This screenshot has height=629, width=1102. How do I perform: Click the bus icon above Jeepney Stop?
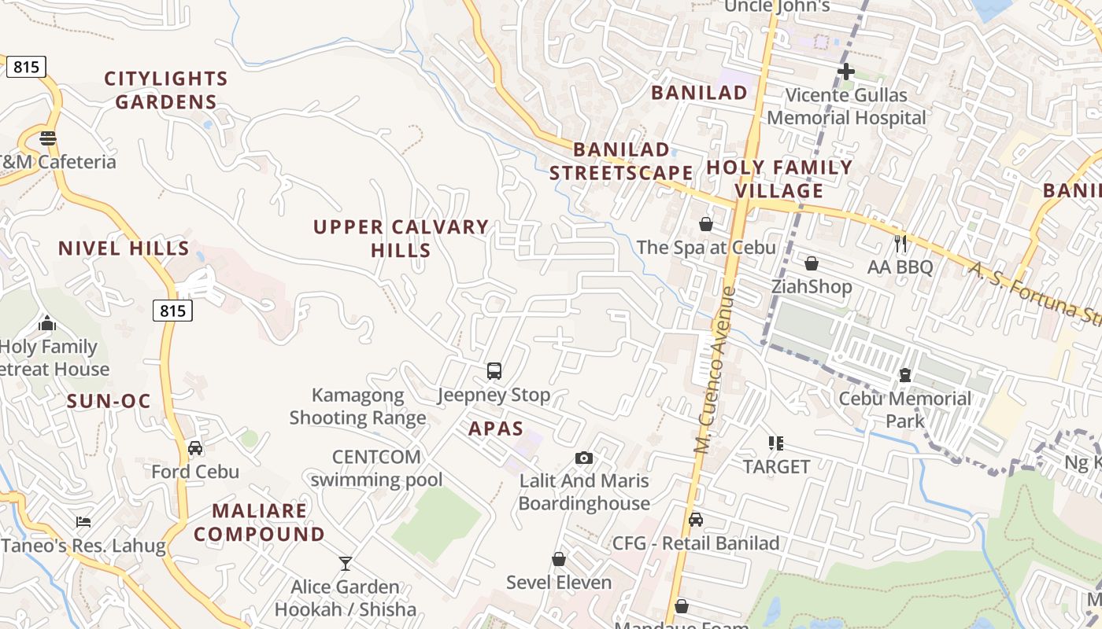coord(494,371)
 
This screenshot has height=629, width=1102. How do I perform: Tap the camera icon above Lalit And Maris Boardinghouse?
coord(584,458)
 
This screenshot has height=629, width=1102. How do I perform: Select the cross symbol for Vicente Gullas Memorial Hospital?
coord(846,72)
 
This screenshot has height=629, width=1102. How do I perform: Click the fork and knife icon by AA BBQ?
coord(900,244)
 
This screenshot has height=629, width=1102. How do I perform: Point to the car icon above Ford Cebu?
coord(195,448)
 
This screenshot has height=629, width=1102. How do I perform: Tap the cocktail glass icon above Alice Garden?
coord(345,563)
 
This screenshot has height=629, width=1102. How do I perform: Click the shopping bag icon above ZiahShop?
coord(812,263)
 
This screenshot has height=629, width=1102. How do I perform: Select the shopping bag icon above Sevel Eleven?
coord(559,559)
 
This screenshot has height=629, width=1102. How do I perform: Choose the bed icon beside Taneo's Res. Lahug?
coord(83,521)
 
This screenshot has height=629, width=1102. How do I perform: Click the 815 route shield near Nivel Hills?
coord(172,311)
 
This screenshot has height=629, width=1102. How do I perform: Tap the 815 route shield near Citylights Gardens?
coord(26,67)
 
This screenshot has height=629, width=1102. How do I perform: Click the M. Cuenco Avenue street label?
coord(715,370)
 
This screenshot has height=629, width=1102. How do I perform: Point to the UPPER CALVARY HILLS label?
coord(401,238)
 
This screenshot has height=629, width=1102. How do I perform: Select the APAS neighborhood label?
coord(496,429)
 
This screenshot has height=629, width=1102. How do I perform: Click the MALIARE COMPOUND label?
coord(259,522)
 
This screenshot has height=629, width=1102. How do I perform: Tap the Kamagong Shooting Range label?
coord(358,406)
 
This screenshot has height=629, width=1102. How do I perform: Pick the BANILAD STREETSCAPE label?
coord(621,161)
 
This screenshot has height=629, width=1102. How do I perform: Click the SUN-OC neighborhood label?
coord(109,401)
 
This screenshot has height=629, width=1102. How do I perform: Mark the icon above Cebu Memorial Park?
coord(905,375)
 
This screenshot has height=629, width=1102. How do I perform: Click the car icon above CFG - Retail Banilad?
coord(696,520)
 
